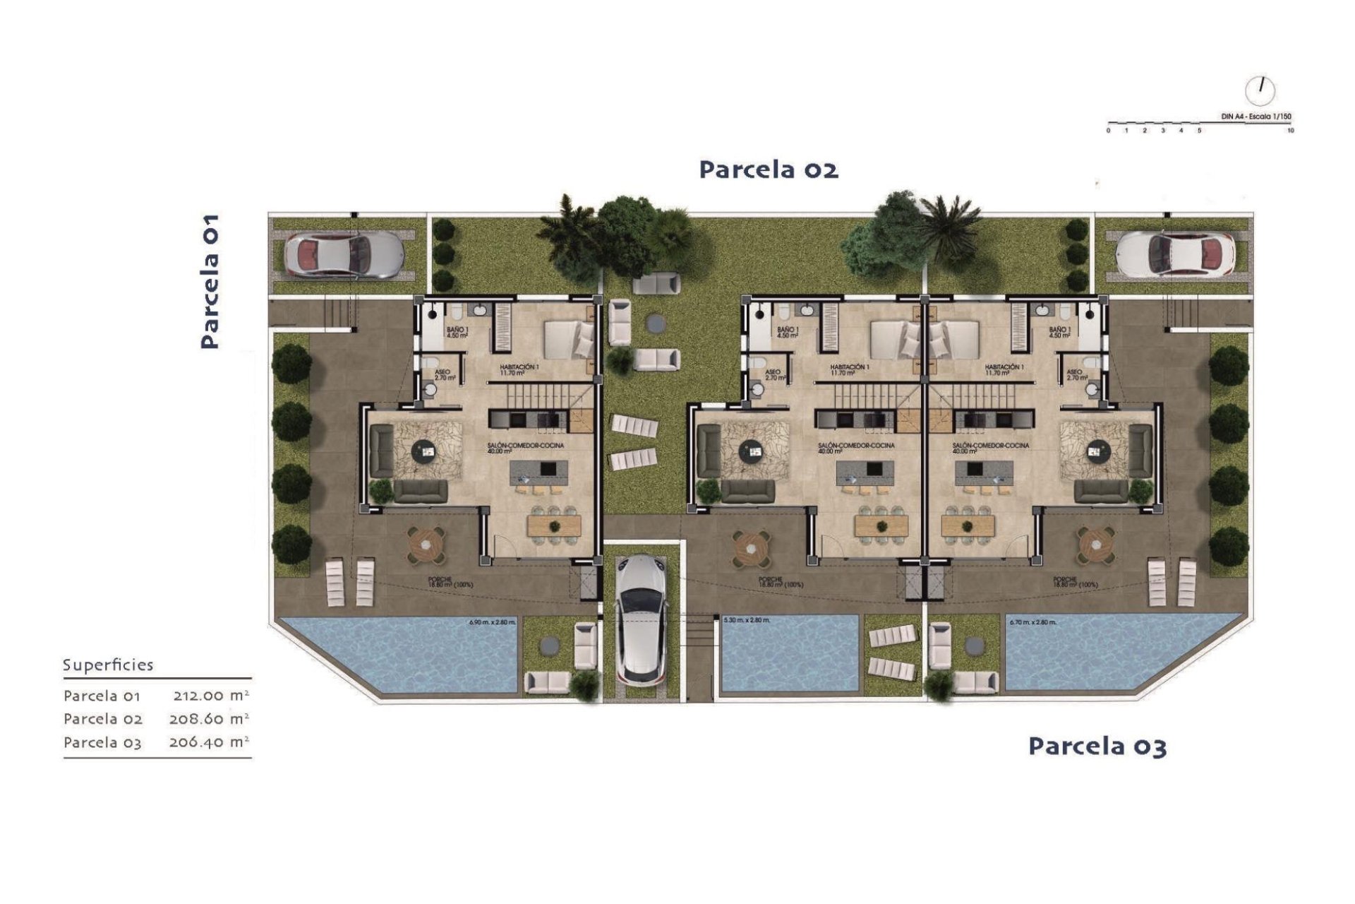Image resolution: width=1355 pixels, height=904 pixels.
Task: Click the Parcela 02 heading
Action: click(769, 170)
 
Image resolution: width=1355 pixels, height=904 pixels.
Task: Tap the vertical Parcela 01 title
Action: click(210, 281)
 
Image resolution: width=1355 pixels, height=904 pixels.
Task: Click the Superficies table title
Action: click(108, 665)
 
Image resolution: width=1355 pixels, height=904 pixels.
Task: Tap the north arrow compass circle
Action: click(1260, 90)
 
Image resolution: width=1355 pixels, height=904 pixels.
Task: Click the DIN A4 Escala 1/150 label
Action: click(1255, 117)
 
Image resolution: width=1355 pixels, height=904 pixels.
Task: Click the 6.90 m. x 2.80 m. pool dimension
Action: click(493, 622)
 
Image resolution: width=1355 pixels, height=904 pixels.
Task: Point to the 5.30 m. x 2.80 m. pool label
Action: click(747, 620)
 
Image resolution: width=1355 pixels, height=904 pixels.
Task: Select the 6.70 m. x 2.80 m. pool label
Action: click(1032, 622)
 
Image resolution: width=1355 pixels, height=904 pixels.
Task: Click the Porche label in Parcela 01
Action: click(450, 582)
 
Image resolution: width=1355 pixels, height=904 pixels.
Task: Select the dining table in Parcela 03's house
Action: click(968, 525)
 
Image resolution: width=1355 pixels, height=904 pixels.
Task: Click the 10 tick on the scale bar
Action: click(1290, 131)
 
